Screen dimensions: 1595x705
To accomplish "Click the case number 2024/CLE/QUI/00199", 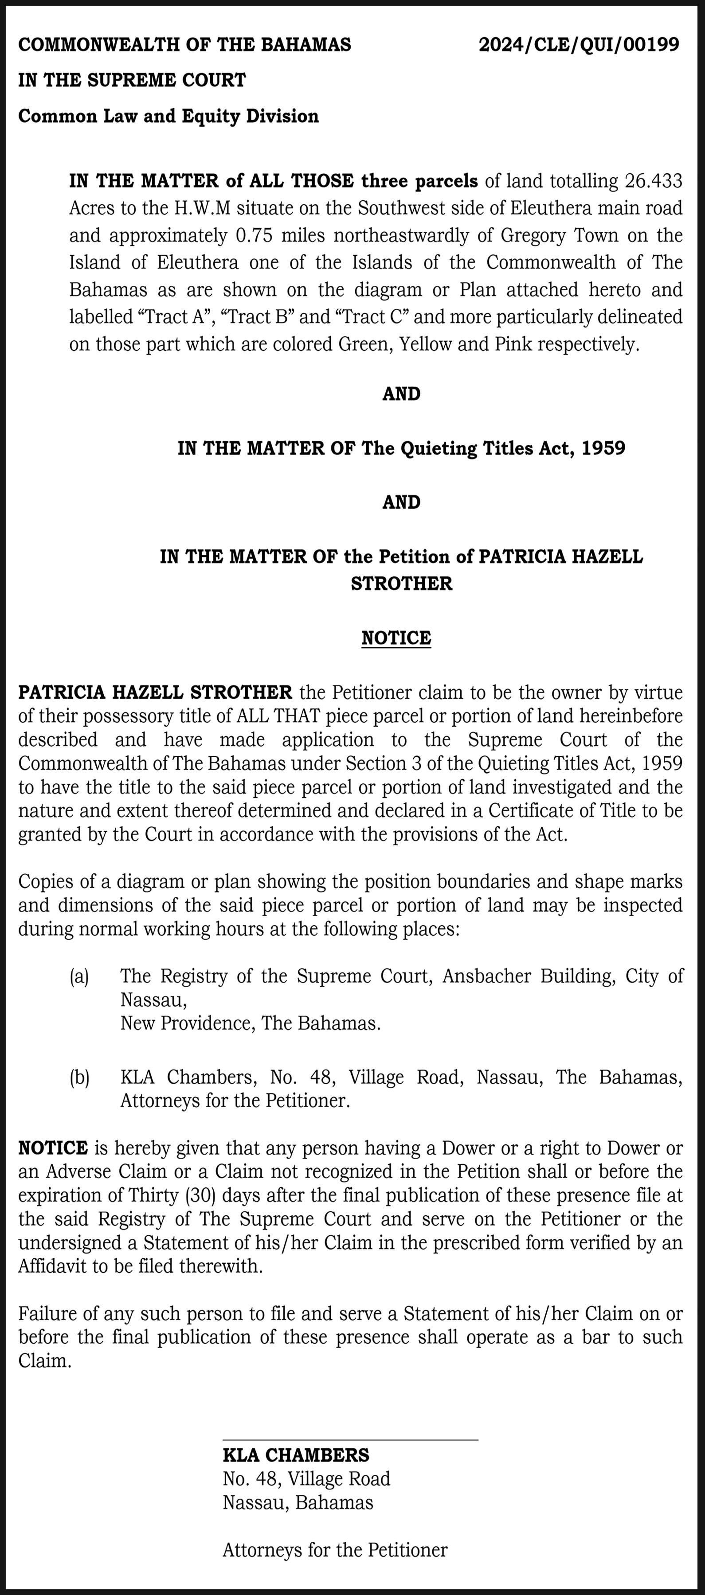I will (579, 45).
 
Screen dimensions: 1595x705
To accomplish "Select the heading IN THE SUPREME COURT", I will (132, 80).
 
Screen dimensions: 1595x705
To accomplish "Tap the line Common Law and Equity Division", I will (168, 116).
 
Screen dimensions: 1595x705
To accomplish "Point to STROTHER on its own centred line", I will (401, 583).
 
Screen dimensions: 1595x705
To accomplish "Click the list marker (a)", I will (79, 976).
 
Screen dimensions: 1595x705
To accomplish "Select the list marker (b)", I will (79, 1078).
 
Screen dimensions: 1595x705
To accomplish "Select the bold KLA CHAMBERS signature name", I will (295, 1455).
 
